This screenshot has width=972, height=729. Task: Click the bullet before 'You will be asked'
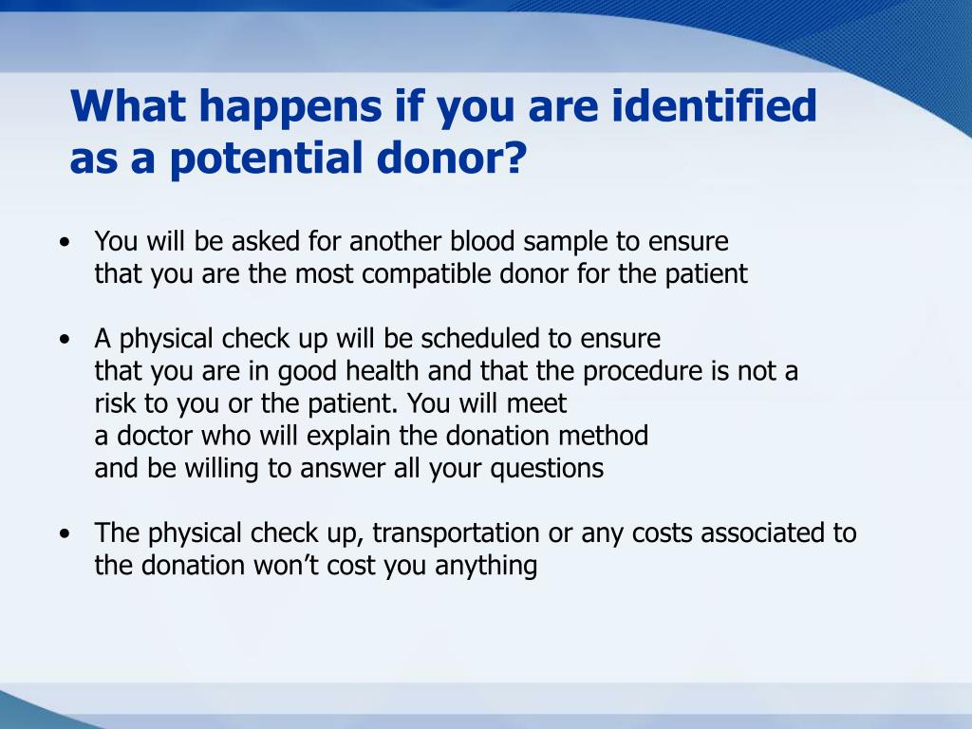(65, 242)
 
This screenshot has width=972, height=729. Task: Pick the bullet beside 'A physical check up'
(65, 339)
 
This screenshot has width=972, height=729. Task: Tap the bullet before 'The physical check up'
(65, 533)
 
